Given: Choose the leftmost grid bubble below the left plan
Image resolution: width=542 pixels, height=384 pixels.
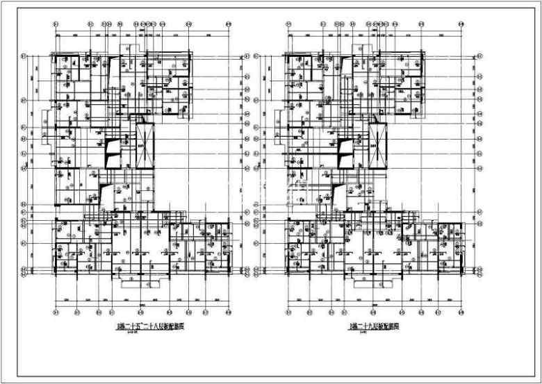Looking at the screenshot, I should click(x=56, y=310).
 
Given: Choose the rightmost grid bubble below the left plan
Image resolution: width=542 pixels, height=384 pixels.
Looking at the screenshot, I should click(x=228, y=310).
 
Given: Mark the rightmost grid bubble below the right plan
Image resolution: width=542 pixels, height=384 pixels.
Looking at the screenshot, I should click(x=461, y=310).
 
